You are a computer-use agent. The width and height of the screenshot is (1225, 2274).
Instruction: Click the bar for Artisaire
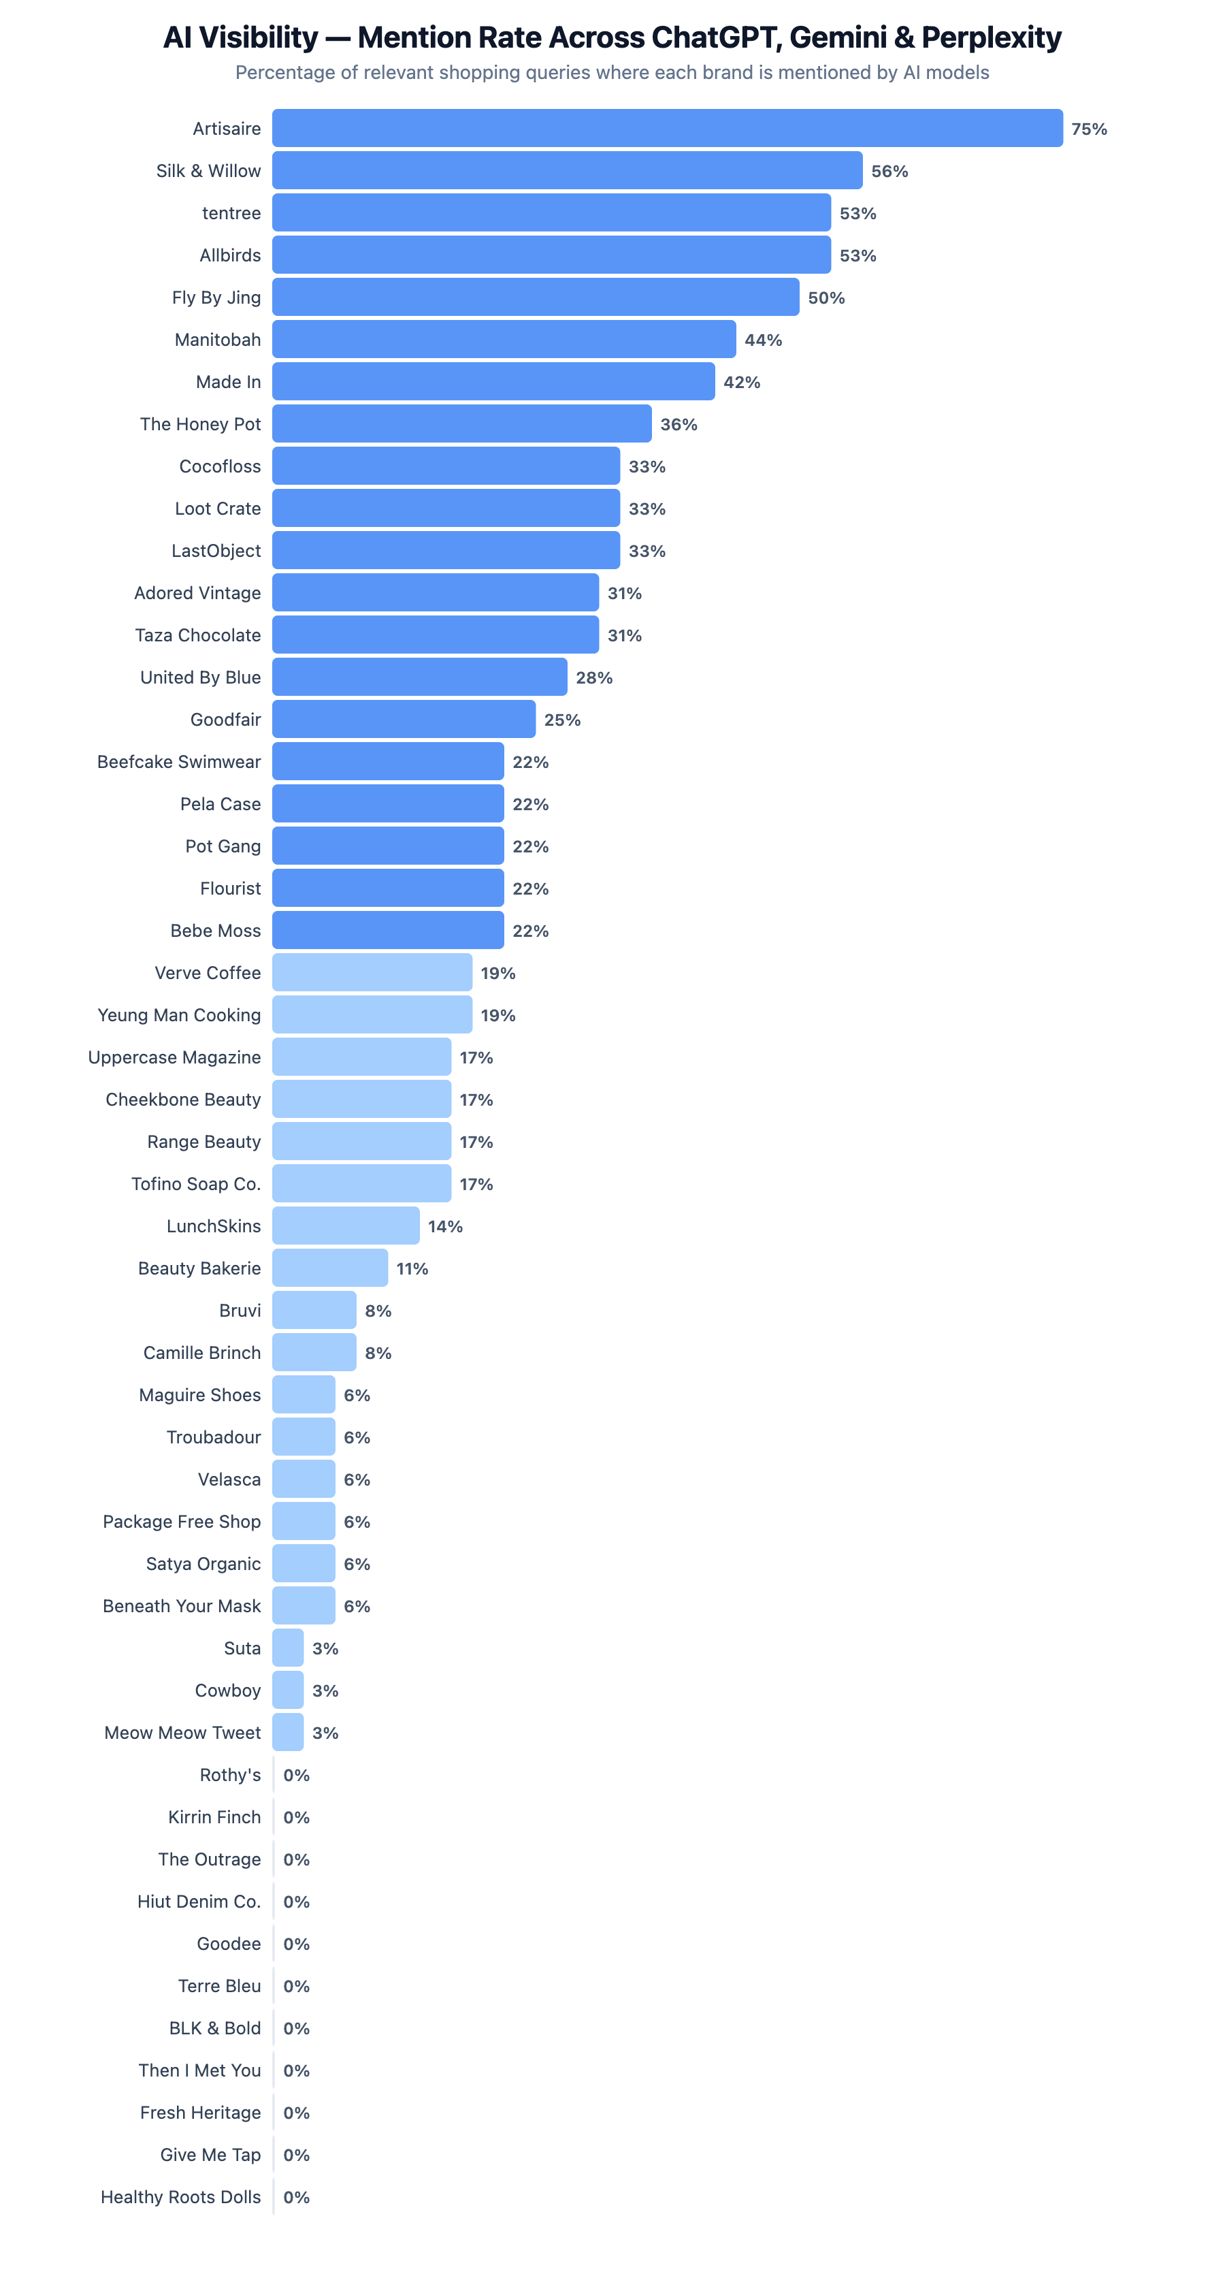pyautogui.click(x=666, y=128)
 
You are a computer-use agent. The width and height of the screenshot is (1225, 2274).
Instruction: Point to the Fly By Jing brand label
pyautogui.click(x=216, y=298)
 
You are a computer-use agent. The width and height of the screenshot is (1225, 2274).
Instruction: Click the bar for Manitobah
pyautogui.click(x=503, y=340)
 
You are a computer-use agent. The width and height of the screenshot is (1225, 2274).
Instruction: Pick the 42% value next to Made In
pyautogui.click(x=741, y=382)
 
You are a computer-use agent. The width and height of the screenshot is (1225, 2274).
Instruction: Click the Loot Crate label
pyautogui.click(x=218, y=509)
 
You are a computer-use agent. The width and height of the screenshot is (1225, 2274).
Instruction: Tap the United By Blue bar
pyautogui.click(x=419, y=677)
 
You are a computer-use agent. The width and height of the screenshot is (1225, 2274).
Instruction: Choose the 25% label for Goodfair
pyautogui.click(x=562, y=720)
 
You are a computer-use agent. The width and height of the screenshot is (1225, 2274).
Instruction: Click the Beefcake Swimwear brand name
pyautogui.click(x=179, y=762)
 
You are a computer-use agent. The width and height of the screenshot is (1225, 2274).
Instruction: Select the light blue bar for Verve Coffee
pyautogui.click(x=372, y=973)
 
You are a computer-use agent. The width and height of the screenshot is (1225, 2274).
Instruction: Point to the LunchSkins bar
pyautogui.click(x=345, y=1226)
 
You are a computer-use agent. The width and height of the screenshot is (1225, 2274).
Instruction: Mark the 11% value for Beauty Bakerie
pyautogui.click(x=412, y=1268)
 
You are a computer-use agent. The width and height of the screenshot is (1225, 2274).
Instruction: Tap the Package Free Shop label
pyautogui.click(x=182, y=1522)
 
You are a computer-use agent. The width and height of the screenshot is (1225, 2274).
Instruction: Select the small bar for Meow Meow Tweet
pyautogui.click(x=288, y=1732)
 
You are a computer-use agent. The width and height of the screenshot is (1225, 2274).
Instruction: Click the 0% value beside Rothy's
pyautogui.click(x=297, y=1775)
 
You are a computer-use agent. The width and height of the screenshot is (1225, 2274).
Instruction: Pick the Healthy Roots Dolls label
pyautogui.click(x=181, y=2197)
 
